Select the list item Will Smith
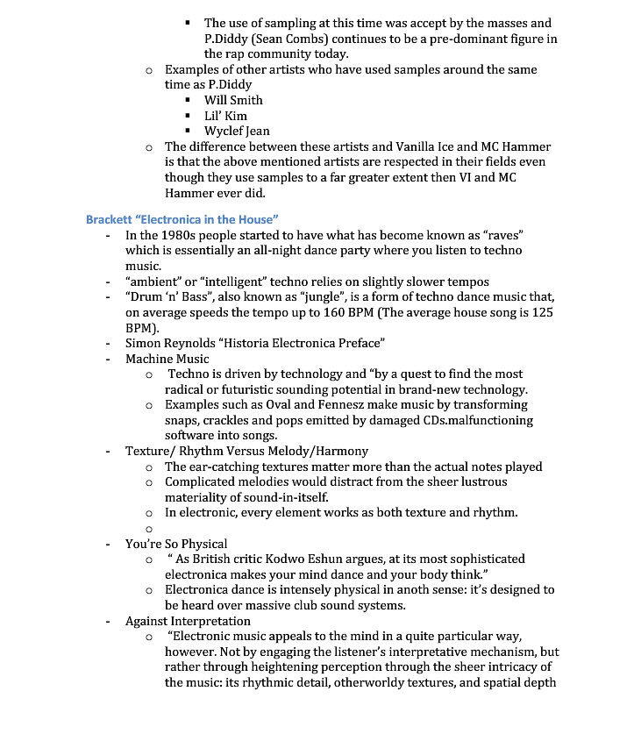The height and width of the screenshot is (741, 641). click(x=233, y=100)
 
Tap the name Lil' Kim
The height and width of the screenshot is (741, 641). click(x=225, y=116)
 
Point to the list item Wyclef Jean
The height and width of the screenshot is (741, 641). click(x=237, y=132)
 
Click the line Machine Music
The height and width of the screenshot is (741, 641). click(x=167, y=359)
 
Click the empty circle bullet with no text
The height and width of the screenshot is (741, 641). click(x=149, y=529)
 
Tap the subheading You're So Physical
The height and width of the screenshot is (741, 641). click(x=176, y=544)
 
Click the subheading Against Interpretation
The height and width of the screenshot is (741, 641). click(x=188, y=621)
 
